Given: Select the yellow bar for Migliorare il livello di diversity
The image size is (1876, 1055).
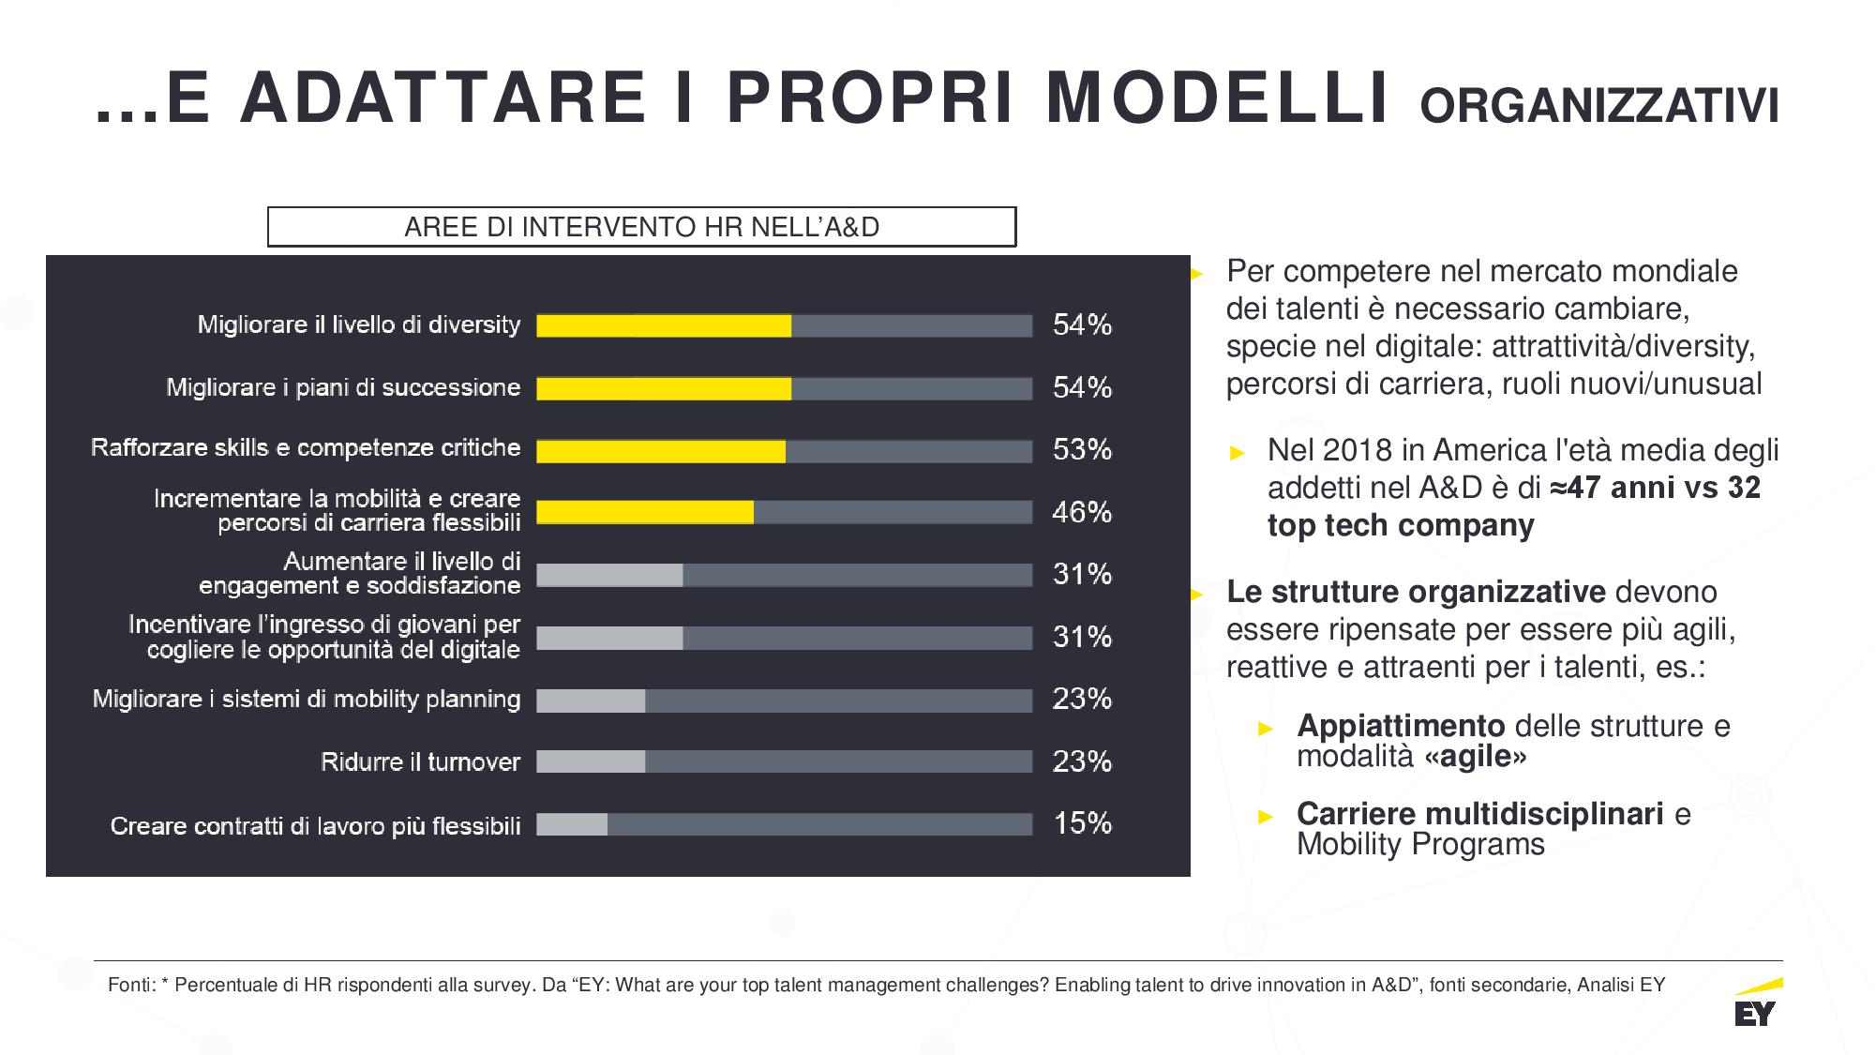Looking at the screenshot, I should coord(664,325).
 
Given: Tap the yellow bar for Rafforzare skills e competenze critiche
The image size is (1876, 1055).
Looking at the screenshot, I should coord(661,451).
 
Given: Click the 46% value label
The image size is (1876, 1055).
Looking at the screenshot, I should coord(1082,512).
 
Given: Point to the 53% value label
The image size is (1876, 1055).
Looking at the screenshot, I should coord(1082,450).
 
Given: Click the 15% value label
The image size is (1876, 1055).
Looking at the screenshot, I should coord(1082,823).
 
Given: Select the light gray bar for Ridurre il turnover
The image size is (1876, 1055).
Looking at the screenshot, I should coord(591,761).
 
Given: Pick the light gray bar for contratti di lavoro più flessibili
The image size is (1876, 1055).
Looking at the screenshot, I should coord(572,824).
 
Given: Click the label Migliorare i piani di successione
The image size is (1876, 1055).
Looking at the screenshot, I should coord(343,387).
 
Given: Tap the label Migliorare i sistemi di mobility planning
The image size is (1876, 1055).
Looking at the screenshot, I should coord(307,699).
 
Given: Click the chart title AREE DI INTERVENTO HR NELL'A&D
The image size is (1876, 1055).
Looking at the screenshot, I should coord(641,227).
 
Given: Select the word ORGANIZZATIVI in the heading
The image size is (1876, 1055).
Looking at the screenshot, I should coord(1599,106).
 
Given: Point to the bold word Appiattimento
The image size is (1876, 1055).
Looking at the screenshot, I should coord(1401,725).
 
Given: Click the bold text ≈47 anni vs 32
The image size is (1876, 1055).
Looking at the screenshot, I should coord(1655,488).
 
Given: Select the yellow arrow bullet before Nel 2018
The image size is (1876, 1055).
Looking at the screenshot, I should coord(1238,453).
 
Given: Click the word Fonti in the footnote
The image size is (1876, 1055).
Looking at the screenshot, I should coord(130,985).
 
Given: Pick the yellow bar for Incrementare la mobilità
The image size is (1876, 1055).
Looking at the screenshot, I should coord(645,512).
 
